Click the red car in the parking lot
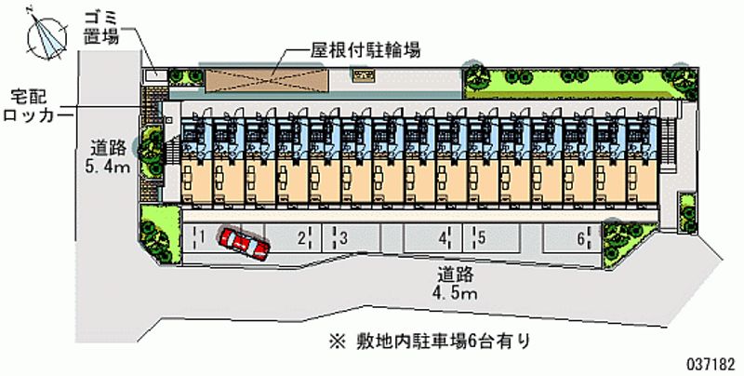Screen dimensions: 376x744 (x=245, y=244)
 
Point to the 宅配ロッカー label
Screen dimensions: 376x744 (x=36, y=104)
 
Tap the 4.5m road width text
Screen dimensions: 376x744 (x=457, y=284)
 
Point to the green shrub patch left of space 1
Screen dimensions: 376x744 (x=157, y=230)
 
